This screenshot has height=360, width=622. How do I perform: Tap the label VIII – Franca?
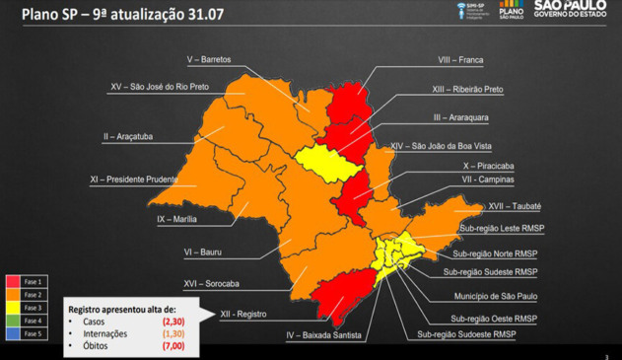click(x=460, y=59)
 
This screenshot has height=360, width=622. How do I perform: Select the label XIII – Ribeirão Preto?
click(x=467, y=89)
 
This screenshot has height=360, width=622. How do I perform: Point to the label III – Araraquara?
click(x=462, y=117)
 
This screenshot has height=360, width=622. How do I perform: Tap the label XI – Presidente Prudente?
click(x=133, y=180)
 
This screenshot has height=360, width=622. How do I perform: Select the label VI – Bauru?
click(x=203, y=252)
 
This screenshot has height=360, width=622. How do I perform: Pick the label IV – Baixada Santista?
click(x=323, y=335)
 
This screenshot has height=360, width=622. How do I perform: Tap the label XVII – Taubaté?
click(x=514, y=206)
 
